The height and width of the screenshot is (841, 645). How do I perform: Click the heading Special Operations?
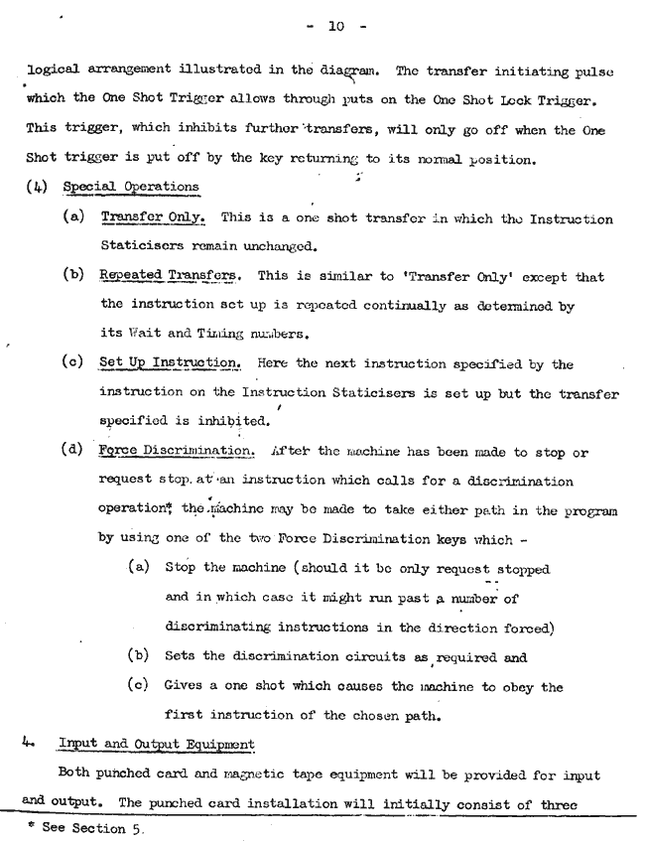[x=130, y=187]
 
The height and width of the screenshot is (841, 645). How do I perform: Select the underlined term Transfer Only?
[x=153, y=219]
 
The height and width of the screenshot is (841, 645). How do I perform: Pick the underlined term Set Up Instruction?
[x=171, y=363]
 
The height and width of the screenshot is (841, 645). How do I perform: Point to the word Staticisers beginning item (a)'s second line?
[x=141, y=248]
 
